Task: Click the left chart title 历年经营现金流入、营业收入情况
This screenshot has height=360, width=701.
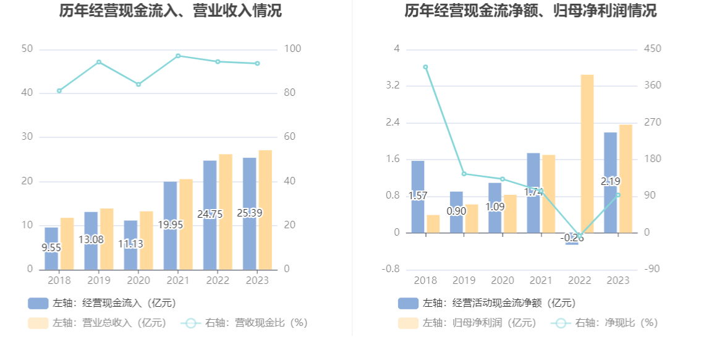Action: (x=171, y=11)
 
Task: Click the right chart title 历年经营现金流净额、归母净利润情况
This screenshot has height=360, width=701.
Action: (x=530, y=11)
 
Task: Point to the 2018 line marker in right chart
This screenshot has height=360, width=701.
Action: (x=425, y=67)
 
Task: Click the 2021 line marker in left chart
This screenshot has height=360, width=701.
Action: (x=178, y=56)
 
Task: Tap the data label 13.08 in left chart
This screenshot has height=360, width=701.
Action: (x=91, y=239)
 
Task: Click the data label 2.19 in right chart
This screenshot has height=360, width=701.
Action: (x=610, y=181)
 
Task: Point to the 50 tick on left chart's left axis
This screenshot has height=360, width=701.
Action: (x=27, y=49)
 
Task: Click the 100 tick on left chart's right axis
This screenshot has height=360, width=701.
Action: (x=293, y=49)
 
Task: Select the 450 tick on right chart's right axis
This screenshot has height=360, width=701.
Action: (x=653, y=49)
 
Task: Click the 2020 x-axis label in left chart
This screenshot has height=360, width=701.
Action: (x=138, y=280)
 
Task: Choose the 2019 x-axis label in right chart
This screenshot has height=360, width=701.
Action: (x=464, y=280)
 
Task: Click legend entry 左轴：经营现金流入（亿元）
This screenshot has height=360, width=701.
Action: (x=102, y=303)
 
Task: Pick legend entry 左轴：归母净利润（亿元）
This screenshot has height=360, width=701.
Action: (x=467, y=322)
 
